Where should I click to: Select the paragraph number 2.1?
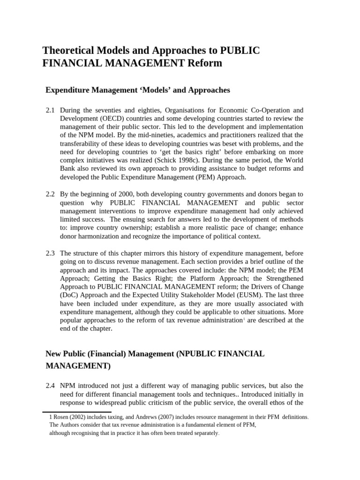[x=50, y=110]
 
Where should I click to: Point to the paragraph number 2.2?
[x=50, y=194]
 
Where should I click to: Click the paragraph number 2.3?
[x=50, y=253]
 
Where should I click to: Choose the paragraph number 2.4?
[x=50, y=385]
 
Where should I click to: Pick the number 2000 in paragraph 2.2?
[x=133, y=194]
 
